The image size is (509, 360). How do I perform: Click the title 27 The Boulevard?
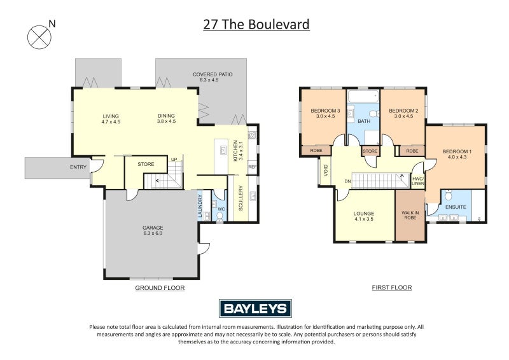(256, 25)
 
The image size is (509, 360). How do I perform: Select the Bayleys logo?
(255, 308)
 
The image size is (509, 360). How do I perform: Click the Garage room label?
(153, 230)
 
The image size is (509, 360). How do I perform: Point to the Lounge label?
(365, 216)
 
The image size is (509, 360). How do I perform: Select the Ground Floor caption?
(160, 288)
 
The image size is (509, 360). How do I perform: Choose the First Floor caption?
(392, 288)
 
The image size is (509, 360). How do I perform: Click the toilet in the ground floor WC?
(220, 216)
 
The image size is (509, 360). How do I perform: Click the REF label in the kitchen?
(253, 167)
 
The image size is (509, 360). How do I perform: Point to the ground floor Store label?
(146, 164)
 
